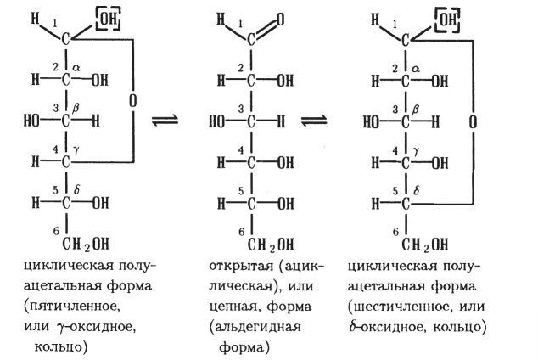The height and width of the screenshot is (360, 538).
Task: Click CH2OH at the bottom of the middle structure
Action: (x=262, y=245)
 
